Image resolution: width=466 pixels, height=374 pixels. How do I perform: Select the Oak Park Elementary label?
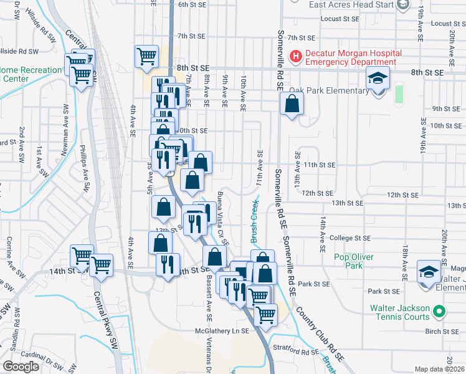329,91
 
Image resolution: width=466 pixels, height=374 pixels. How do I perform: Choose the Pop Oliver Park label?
353,261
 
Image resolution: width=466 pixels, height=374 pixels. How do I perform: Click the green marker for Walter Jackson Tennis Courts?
439,309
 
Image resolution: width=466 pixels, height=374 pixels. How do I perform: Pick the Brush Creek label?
254,222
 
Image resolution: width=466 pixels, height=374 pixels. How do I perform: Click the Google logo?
21,366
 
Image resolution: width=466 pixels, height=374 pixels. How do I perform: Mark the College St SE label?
350,238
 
